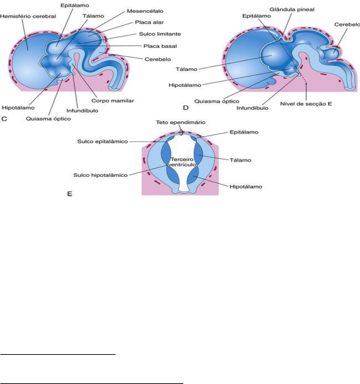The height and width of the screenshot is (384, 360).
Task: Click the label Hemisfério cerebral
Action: click(x=28, y=16)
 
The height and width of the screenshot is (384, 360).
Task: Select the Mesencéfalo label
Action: click(x=145, y=11)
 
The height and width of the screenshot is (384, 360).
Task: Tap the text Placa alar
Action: click(x=149, y=22)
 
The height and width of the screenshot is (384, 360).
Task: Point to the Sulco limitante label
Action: click(x=160, y=34)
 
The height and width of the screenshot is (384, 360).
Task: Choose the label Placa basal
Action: click(x=160, y=46)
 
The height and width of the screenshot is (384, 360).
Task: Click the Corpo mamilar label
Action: click(x=113, y=101)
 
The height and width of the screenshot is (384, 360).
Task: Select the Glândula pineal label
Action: click(x=292, y=10)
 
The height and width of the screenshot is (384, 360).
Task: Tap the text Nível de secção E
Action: click(x=306, y=104)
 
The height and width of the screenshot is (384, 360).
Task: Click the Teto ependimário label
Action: click(x=181, y=123)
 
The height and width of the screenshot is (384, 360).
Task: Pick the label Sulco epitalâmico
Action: click(x=103, y=141)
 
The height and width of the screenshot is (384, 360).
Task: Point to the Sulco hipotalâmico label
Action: click(x=100, y=175)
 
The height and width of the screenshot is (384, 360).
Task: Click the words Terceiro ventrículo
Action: click(x=183, y=162)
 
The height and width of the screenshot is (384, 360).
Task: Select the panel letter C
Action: click(x=5, y=119)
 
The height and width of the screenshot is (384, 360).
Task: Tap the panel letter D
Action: click(x=186, y=108)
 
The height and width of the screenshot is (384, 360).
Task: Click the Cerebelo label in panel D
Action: click(x=347, y=25)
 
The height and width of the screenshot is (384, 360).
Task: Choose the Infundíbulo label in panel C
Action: click(x=82, y=111)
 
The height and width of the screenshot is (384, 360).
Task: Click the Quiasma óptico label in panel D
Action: click(x=217, y=101)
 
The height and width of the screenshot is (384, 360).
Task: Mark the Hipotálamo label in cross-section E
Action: click(x=246, y=186)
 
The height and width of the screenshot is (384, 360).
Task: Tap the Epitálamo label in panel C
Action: click(x=75, y=6)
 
